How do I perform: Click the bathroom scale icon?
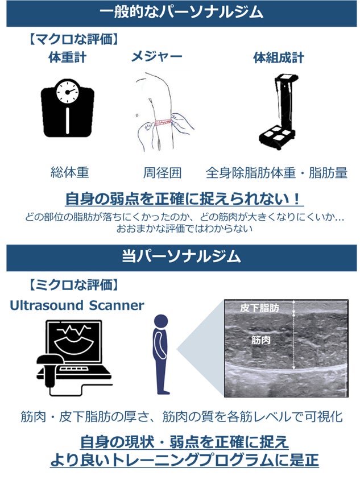tap(67, 108)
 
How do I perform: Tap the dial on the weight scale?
tap(67, 92)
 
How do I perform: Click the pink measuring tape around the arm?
tap(163, 122)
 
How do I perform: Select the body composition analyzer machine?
tap(279, 111)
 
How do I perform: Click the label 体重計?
tap(67, 57)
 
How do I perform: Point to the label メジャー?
tap(157, 57)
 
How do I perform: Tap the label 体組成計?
tap(279, 57)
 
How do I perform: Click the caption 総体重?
tap(69, 173)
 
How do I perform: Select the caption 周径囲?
tap(162, 173)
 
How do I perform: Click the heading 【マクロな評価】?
tap(73, 39)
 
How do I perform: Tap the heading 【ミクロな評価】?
tap(73, 285)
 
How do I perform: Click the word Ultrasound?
tap(47, 305)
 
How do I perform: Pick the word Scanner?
tap(117, 305)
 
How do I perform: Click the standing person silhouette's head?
tap(161, 321)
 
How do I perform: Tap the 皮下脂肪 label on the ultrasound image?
tap(259, 308)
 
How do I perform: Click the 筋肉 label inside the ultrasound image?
tap(260, 340)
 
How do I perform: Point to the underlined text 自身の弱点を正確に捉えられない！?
tap(184, 199)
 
